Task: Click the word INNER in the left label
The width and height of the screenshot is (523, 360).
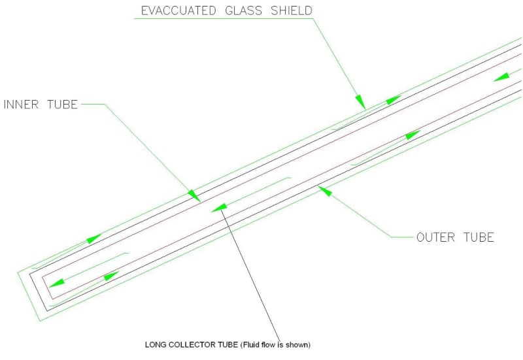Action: click(22, 105)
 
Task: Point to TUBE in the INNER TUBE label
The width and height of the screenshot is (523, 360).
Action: click(61, 105)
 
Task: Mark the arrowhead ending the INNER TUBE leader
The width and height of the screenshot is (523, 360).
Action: click(194, 195)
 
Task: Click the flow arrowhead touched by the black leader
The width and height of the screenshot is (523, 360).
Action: click(219, 208)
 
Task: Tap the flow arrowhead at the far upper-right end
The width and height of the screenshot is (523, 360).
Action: click(501, 76)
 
